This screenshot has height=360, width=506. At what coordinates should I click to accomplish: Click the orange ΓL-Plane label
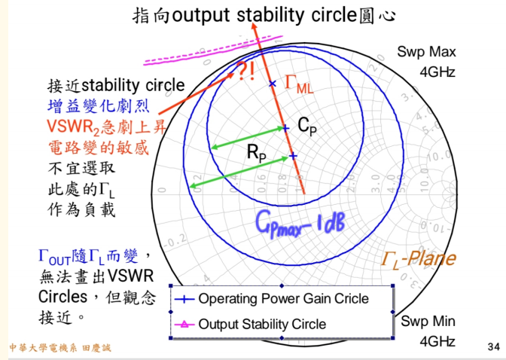418,260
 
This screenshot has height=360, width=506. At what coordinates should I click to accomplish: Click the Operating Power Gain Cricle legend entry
283,298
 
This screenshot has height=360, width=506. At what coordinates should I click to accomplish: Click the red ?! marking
246,72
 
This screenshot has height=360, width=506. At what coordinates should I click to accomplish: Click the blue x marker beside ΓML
273,83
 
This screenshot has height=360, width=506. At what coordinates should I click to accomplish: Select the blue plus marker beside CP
285,129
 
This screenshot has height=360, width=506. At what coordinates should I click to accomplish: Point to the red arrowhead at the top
255,29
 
